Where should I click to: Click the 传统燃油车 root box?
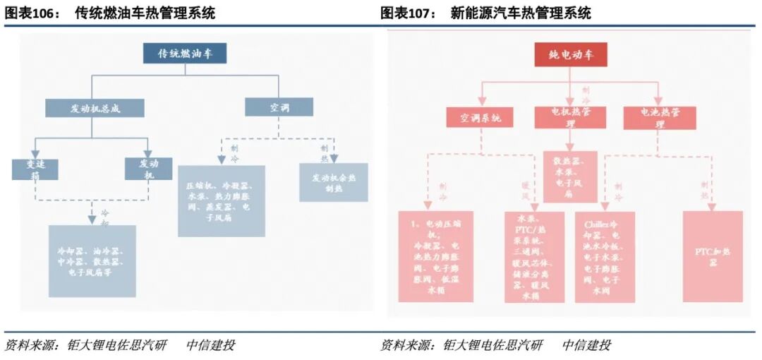tap(185, 54)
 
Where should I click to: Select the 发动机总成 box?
tap(95, 108)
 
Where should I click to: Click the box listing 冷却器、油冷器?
tap(92, 261)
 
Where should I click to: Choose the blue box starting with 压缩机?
tap(221, 201)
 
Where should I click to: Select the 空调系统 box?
tap(480, 117)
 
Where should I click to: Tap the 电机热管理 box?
tap(570, 117)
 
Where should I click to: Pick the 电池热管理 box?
tap(660, 117)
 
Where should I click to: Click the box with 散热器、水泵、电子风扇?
tap(570, 176)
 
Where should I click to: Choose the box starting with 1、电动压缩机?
tap(435, 256)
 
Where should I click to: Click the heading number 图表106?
tap(32, 13)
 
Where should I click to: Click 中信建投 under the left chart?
tap(210, 345)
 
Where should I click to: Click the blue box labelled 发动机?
tap(148, 169)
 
